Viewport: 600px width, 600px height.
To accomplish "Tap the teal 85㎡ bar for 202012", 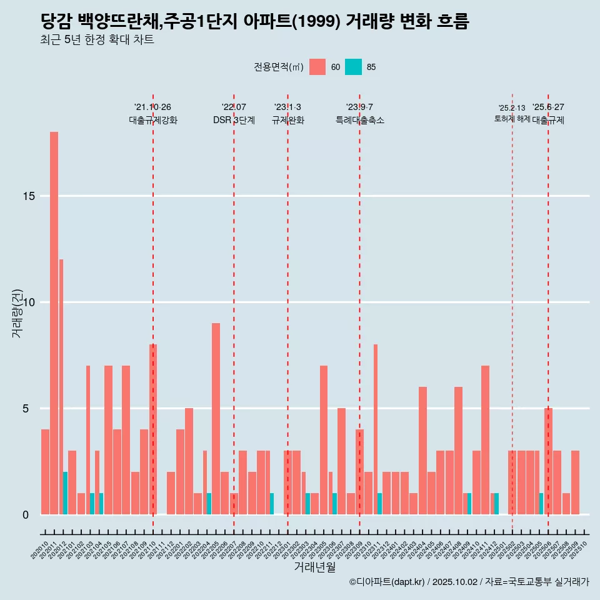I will [x=65, y=493].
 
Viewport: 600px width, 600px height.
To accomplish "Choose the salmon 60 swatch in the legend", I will [x=317, y=67].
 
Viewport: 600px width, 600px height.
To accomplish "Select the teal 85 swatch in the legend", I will [x=353, y=67].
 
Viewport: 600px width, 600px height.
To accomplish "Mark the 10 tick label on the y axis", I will [x=27, y=302].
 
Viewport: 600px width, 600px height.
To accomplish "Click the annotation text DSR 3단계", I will [x=234, y=121].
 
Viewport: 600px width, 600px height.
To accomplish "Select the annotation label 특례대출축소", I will [x=359, y=121].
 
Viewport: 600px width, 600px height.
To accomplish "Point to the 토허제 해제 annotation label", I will [x=512, y=119].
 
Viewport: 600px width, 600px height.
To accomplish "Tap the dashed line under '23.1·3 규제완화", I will [x=287, y=312].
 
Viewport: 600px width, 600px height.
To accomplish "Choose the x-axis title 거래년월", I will [x=314, y=567].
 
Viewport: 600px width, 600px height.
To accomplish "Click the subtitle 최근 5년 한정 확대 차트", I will [x=97, y=40].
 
